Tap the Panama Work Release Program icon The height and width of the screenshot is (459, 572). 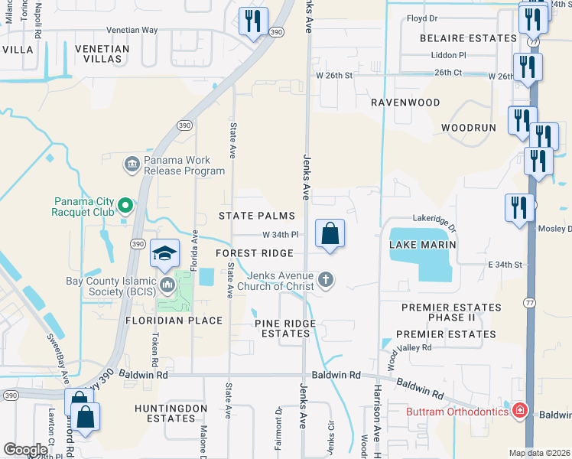(x=131, y=163)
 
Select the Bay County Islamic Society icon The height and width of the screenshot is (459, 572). (x=167, y=285)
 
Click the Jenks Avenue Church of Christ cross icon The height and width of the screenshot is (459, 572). (x=327, y=279)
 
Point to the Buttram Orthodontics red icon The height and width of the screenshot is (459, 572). (x=520, y=411)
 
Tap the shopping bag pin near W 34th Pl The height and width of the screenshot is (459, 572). (x=330, y=234)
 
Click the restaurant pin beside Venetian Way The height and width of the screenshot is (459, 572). (x=252, y=21)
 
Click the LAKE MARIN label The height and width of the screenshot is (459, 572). (x=423, y=245)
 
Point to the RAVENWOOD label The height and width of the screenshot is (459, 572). (x=405, y=102)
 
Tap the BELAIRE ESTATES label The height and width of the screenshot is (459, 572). (x=468, y=37)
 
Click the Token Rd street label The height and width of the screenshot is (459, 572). (x=155, y=351)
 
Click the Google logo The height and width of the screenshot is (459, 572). (x=25, y=449)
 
